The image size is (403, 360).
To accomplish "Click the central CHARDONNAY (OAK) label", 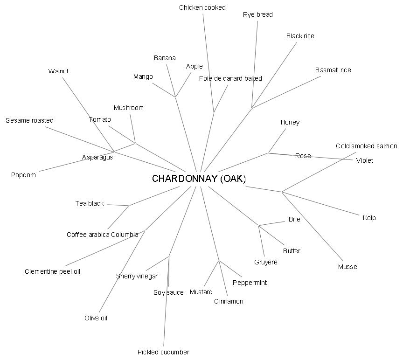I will pos(199,179).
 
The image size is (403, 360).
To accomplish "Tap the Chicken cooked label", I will pos(202,7).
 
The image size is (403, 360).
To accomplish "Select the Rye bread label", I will pos(257,14).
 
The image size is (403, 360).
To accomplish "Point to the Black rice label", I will pos(300,36).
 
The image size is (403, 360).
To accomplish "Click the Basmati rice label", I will pos(333,70).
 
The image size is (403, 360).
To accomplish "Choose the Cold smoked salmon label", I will pos(366,146).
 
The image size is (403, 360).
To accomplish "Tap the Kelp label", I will pos(369,218).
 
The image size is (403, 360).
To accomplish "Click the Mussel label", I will pos(348,267).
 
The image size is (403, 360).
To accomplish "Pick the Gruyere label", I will pos(265,262).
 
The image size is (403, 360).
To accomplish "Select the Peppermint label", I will pos(250,283).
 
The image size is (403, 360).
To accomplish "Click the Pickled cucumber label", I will pos(163,352).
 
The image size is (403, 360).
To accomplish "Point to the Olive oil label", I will pos(96,318).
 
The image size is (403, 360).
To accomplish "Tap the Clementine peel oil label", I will pos(52,271).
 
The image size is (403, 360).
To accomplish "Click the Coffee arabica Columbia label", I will pos(102,235).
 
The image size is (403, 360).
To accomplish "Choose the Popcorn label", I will pos(23,175).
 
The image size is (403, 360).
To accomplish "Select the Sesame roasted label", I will pos(29,120).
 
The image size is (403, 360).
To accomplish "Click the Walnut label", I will pos(58,71).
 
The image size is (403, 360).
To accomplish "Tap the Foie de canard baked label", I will pos(230,78).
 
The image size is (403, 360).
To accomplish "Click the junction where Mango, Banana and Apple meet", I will pos(175,97).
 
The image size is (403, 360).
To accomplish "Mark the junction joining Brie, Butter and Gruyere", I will pos(259,226).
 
